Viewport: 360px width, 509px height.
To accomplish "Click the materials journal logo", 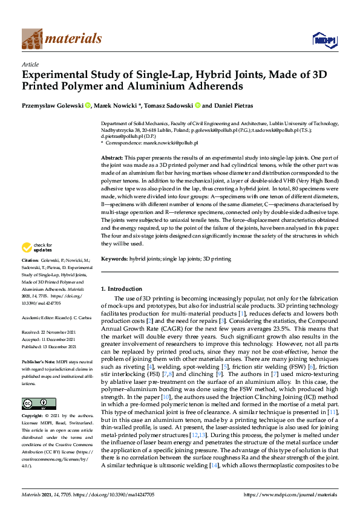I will [x=61, y=39].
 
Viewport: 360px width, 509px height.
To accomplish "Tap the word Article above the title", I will [x=30, y=63].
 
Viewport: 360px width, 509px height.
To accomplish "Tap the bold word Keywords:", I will [x=114, y=259].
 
